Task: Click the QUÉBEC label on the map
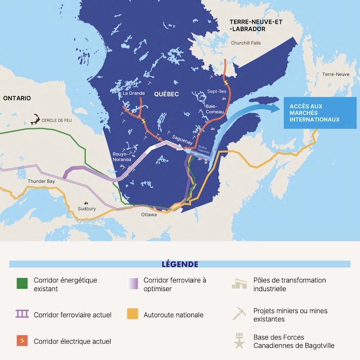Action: pos(166,94)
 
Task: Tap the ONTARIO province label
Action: pos(16,98)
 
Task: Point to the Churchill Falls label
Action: pos(246,43)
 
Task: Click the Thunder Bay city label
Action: pos(41,181)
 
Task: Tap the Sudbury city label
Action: pos(86,209)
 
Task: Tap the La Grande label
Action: pos(133,94)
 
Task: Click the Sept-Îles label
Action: pos(216,91)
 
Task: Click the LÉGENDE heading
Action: pos(179,264)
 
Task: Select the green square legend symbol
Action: pos(22,284)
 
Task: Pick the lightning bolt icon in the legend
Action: pos(22,341)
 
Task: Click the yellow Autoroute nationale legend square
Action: pos(133,314)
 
